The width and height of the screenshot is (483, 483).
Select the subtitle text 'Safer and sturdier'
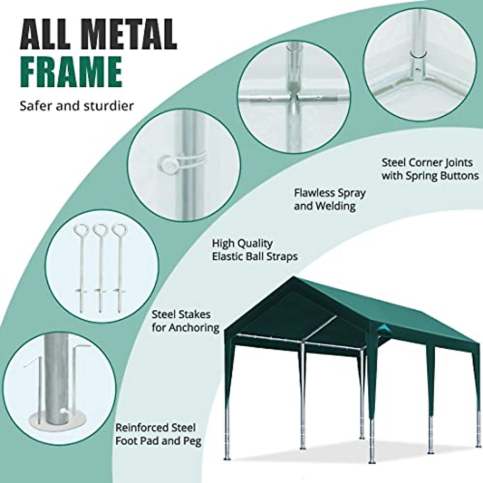77,106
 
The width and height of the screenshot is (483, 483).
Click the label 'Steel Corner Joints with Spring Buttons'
430,169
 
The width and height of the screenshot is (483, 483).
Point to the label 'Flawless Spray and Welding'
330,199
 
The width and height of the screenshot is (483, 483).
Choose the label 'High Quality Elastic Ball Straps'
255,250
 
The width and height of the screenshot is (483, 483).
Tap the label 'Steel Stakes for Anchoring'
185,321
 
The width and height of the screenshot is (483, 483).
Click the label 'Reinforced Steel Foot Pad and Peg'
158,434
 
